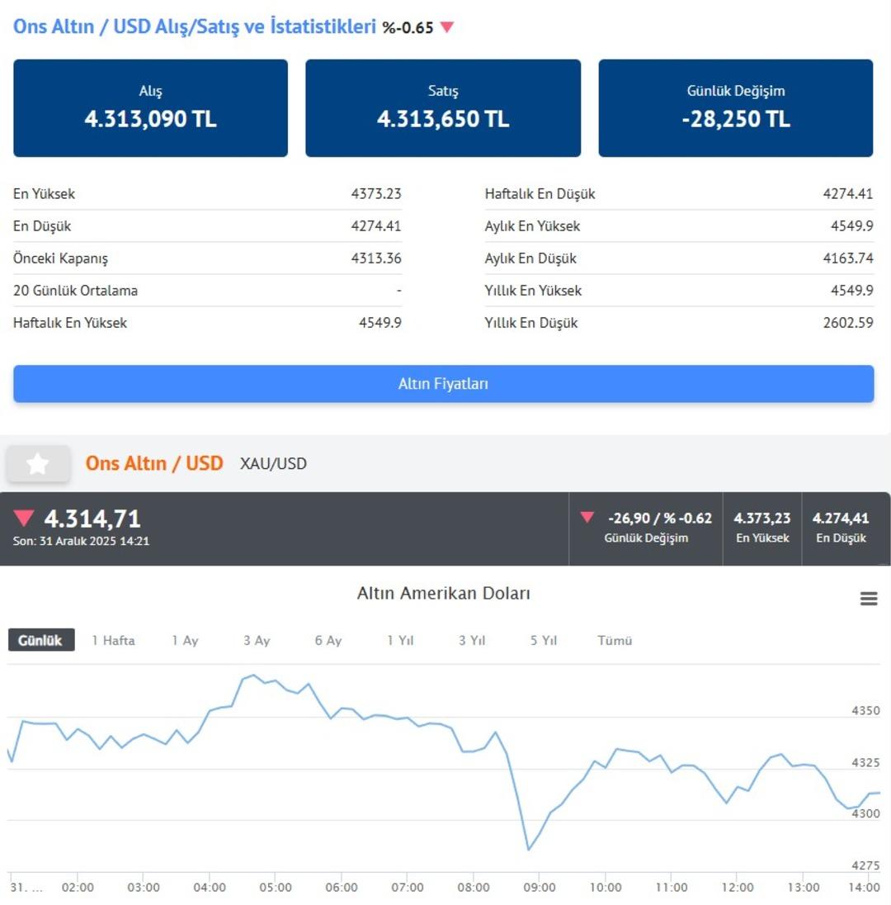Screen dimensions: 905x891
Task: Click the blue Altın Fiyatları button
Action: coord(443,384)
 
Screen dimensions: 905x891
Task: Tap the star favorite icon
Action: coord(37,464)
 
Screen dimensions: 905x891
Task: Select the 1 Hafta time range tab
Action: coord(113,640)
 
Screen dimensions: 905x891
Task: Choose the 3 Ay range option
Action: coord(257,640)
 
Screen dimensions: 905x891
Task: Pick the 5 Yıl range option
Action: coord(544,640)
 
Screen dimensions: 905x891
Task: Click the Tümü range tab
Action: coord(615,640)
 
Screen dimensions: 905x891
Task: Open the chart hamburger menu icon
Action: coord(869,599)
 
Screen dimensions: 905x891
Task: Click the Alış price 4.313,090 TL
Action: coord(150,119)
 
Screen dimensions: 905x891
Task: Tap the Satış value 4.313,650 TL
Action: coord(443,119)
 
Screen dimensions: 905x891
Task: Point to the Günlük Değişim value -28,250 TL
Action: coord(736,119)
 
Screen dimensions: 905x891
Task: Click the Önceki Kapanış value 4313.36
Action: coord(375,258)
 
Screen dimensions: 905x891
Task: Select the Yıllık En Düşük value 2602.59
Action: coord(848,323)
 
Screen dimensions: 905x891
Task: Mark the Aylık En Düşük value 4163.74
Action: coord(848,258)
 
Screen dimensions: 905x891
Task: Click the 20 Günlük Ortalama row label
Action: coord(76,291)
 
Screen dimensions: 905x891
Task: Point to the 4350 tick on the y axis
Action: coord(865,711)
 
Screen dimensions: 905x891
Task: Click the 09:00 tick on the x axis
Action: coord(539,888)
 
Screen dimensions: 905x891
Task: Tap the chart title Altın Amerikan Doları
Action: coord(443,593)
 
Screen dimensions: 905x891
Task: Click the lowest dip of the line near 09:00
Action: coord(528,849)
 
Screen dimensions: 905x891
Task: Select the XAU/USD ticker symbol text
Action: coord(273,464)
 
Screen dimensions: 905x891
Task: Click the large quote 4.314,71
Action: coord(92,519)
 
